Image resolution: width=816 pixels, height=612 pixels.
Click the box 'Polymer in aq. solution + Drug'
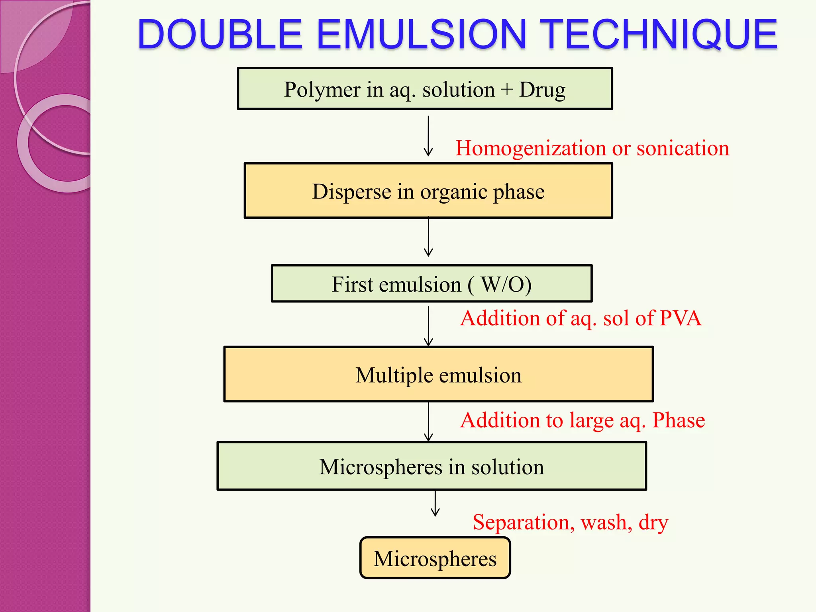425,88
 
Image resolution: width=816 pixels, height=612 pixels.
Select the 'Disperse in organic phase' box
428,191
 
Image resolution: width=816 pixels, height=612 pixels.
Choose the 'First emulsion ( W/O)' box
432,284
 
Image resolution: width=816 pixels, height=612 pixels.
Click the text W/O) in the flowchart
506,284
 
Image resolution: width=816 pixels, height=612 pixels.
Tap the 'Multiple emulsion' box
438,375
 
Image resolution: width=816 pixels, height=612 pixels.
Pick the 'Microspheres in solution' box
432,466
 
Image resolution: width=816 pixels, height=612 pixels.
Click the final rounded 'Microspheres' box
435,558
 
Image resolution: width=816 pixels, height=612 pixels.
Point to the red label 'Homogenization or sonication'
592,148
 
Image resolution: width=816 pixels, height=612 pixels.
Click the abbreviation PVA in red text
680,318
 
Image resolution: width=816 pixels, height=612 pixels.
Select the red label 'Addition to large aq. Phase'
583,420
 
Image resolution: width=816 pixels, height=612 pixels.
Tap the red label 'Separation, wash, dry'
570,522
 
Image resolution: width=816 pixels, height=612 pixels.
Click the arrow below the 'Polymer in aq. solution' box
428,136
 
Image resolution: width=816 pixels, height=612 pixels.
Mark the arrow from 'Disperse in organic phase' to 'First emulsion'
428,237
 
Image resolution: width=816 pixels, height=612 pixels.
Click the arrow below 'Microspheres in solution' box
435,504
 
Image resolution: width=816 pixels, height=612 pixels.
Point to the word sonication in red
683,148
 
